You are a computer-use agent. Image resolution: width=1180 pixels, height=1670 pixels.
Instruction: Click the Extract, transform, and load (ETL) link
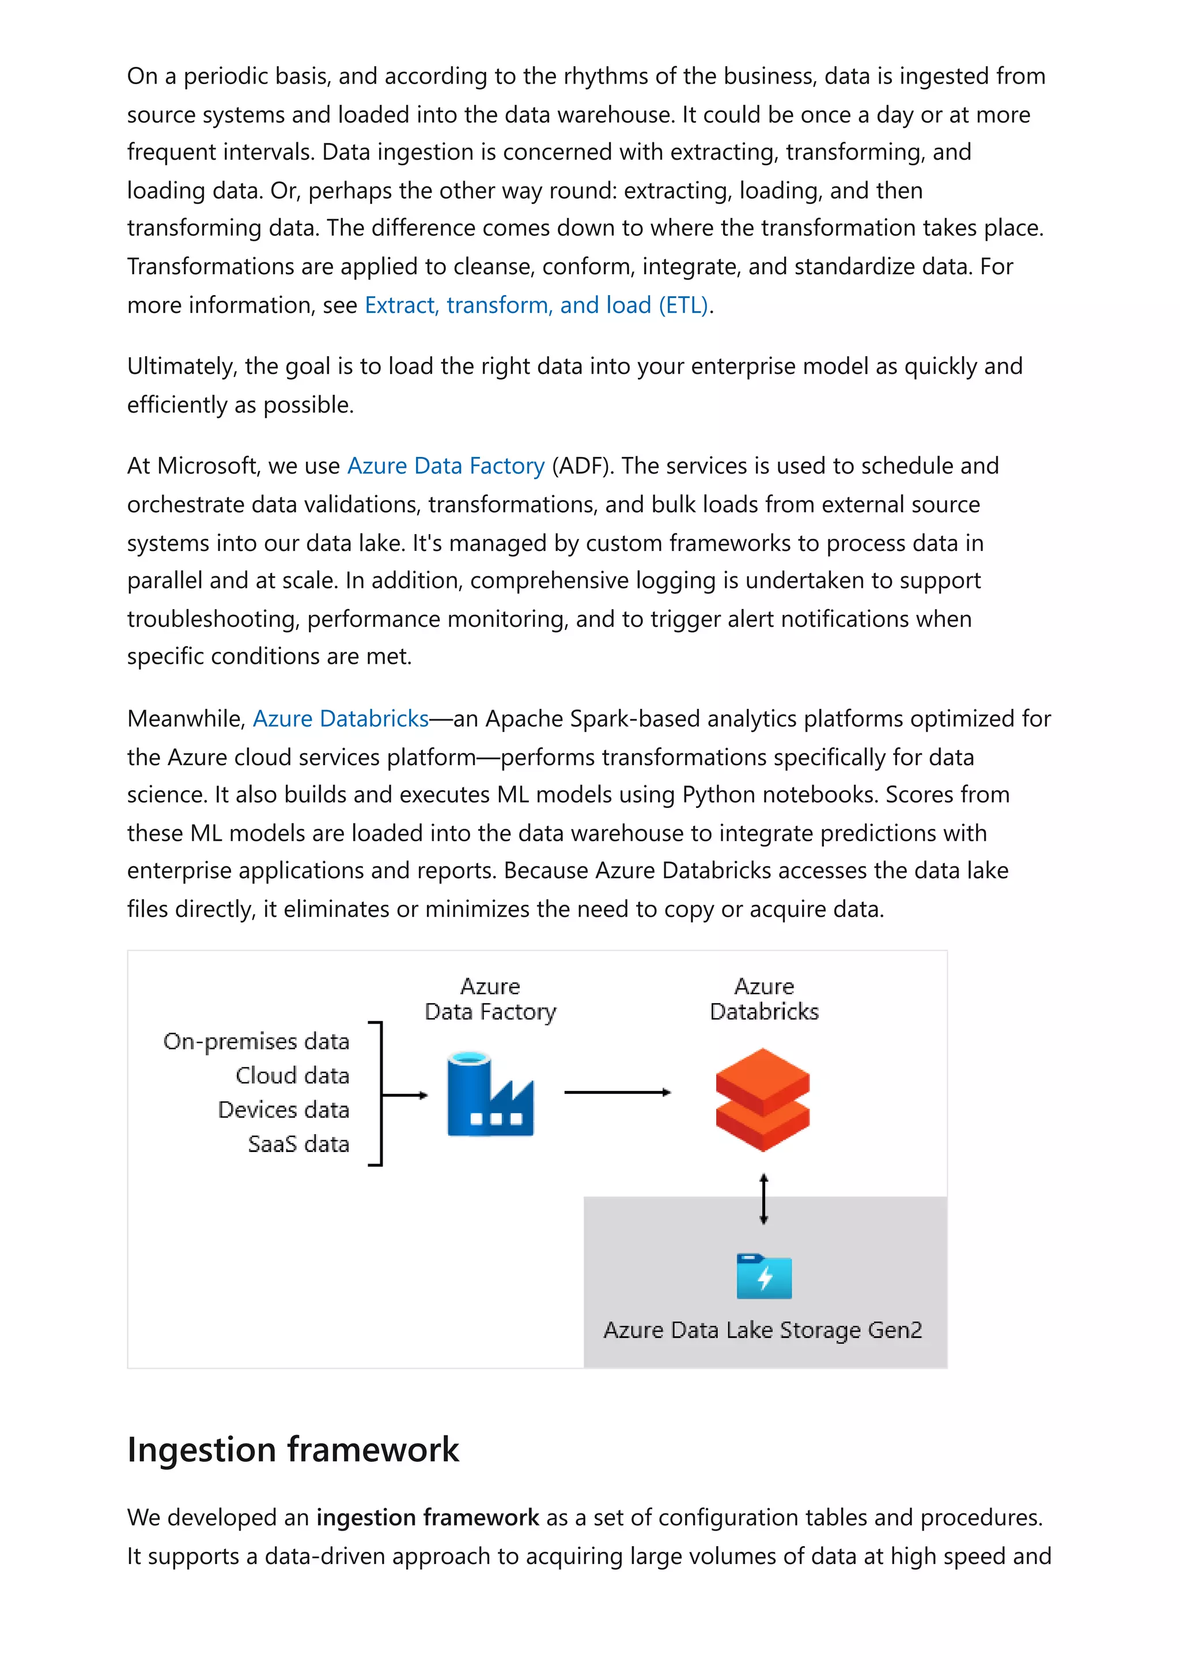pyautogui.click(x=536, y=305)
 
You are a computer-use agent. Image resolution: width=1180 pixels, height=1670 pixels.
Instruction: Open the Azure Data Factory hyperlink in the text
pyautogui.click(x=446, y=466)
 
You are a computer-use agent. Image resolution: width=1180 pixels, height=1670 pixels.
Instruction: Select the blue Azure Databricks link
pyautogui.click(x=341, y=719)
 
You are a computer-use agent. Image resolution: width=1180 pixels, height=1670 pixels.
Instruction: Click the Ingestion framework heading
pyautogui.click(x=293, y=1450)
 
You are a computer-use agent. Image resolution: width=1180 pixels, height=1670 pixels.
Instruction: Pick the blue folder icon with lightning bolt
pyautogui.click(x=763, y=1276)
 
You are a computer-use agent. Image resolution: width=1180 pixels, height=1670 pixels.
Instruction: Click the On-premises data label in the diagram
pyautogui.click(x=256, y=1041)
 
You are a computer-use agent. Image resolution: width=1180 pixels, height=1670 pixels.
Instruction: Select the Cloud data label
pyautogui.click(x=292, y=1076)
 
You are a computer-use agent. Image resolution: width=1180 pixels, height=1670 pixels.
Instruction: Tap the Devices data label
pyautogui.click(x=283, y=1110)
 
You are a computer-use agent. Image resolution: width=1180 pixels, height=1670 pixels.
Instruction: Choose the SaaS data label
pyautogui.click(x=298, y=1144)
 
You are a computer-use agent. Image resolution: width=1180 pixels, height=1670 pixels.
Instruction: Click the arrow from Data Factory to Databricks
pyautogui.click(x=617, y=1093)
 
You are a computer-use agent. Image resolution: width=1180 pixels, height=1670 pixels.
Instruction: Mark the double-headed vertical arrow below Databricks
pyautogui.click(x=763, y=1199)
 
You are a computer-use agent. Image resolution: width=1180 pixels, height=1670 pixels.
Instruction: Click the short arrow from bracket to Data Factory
pyautogui.click(x=405, y=1095)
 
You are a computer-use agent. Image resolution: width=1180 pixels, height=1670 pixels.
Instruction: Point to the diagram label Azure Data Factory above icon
pyautogui.click(x=490, y=999)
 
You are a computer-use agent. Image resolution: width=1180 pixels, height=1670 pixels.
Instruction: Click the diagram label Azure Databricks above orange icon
pyautogui.click(x=763, y=999)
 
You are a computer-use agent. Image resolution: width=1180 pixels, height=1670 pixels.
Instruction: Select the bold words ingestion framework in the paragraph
pyautogui.click(x=428, y=1518)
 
